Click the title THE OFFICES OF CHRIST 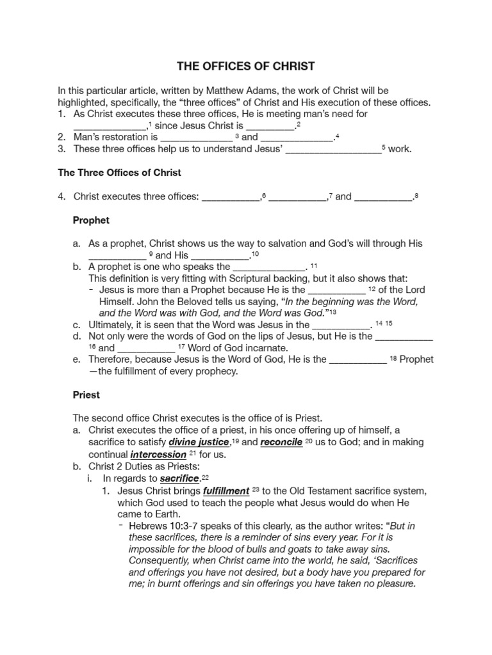pos(246,66)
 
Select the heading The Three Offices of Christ pos(120,173)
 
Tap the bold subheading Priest pos(86,395)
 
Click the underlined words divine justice pos(199,442)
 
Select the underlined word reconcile pos(281,442)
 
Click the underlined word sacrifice pos(180,478)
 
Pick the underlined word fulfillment pos(226,491)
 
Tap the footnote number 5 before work pos(383,148)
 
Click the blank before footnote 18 pos(357,359)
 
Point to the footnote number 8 pos(416,195)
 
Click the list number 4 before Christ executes pos(61,196)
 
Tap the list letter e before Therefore pos(76,359)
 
